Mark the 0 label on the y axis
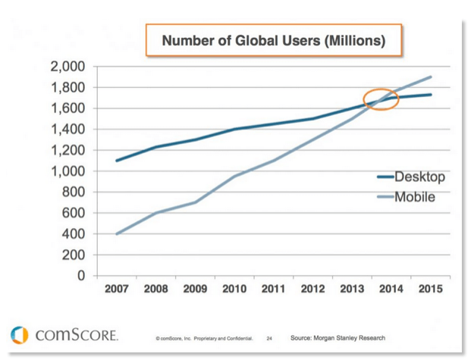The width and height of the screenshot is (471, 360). pos(83,276)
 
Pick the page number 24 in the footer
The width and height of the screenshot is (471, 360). pos(269,339)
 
